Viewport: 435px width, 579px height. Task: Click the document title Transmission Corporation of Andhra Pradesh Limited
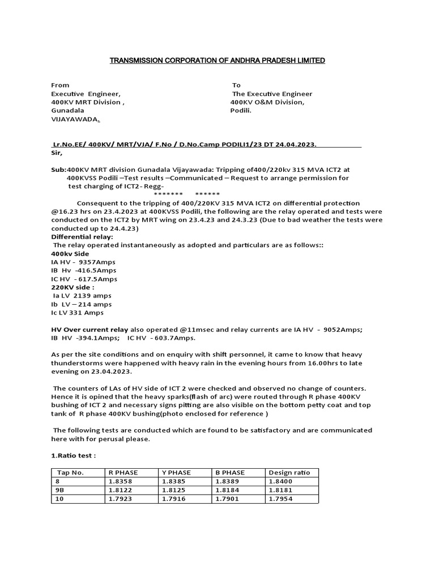(217, 60)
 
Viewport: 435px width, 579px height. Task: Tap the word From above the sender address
(60, 85)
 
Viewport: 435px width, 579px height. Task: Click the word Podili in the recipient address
(241, 110)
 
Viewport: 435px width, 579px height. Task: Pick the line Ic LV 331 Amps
(78, 312)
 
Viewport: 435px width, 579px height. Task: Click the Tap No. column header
(70, 473)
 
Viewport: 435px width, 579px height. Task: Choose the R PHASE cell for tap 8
(120, 481)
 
